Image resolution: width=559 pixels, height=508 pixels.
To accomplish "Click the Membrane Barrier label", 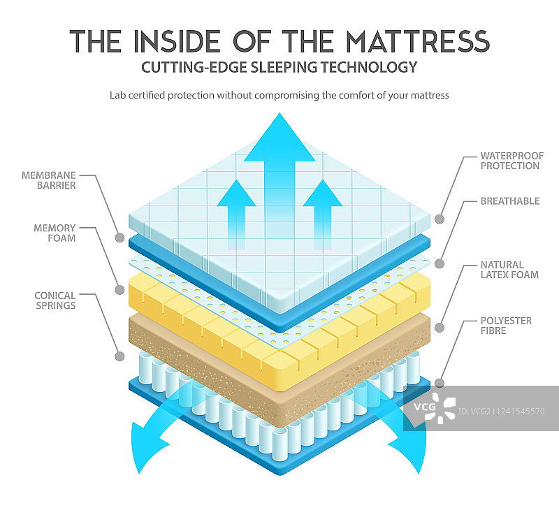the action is (48, 180).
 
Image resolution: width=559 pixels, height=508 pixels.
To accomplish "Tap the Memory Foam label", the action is (55, 233).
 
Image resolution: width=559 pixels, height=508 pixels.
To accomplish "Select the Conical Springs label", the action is (55, 300).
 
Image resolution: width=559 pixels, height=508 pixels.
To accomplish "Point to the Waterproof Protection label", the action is (512, 161).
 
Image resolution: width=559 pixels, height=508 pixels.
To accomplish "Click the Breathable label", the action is (510, 201).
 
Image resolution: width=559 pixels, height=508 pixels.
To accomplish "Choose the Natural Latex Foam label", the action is (509, 270).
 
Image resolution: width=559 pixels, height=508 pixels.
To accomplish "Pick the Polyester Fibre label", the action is (506, 326).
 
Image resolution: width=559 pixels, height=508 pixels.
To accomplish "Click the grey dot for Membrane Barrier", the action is (119, 238).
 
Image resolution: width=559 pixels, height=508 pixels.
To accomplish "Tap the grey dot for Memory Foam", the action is (119, 290).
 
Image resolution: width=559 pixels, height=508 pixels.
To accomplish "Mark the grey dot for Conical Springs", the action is (119, 356).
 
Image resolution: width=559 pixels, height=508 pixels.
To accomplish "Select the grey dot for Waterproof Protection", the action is (440, 219).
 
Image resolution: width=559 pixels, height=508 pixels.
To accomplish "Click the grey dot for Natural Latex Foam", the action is (440, 328).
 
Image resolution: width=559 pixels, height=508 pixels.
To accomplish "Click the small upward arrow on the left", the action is (236, 214).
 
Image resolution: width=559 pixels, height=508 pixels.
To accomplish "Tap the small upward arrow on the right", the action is (323, 214).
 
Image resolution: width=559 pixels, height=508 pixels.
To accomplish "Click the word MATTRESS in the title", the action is (418, 41).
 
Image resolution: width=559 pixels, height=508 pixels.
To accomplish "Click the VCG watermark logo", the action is (435, 407).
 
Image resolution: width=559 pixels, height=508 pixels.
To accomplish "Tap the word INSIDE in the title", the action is (177, 41).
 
